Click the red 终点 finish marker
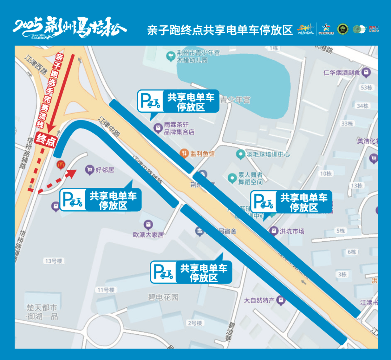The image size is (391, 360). click(x=46, y=140)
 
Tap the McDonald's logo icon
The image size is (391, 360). click(x=60, y=165)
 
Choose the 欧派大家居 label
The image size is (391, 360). click(x=148, y=234)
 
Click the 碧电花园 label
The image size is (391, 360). click(x=163, y=297)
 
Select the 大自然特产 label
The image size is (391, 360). click(x=260, y=300)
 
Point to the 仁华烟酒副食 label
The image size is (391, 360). click(x=342, y=73)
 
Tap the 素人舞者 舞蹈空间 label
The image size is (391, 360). click(x=250, y=178)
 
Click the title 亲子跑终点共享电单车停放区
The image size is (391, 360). click(x=220, y=30)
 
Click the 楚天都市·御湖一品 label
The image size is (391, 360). click(x=42, y=312)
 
